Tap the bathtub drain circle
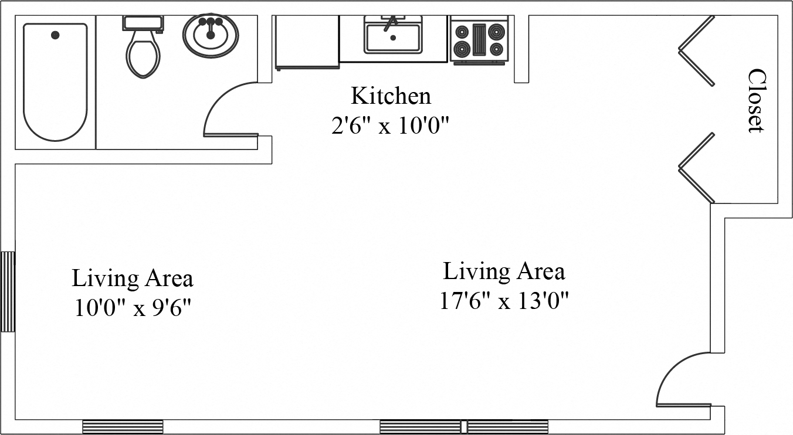[55, 35]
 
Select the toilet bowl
[143, 55]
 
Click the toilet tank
[143, 23]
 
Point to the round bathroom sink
[211, 35]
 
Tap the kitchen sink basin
[393, 38]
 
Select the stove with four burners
[480, 40]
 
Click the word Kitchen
[391, 96]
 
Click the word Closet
[757, 101]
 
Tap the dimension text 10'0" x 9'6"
[133, 308]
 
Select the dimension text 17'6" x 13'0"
[504, 302]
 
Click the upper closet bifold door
[697, 50]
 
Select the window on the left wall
[7, 291]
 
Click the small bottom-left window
[123, 426]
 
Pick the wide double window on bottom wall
[464, 426]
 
